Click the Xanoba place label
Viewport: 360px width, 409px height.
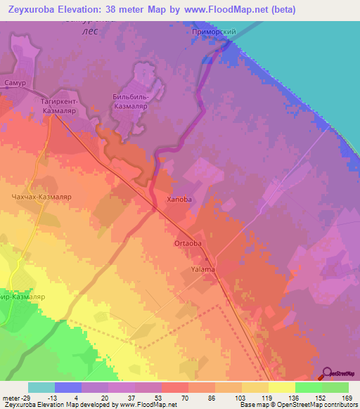coord(179,200)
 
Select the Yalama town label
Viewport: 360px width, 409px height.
coord(202,269)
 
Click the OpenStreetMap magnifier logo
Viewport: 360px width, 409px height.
coord(328,372)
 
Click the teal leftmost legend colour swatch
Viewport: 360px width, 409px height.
coord(41,387)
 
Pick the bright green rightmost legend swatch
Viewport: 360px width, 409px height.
coord(335,387)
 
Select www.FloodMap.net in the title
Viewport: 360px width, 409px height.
coord(225,10)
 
